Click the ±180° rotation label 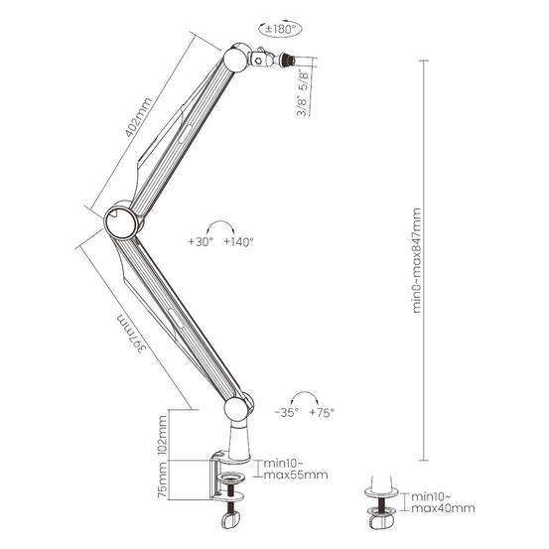coord(280,29)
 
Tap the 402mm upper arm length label coord(139,117)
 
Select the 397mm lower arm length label coord(131,334)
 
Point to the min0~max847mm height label coord(416,260)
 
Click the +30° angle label coord(201,241)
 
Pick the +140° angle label coord(238,241)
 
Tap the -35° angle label coord(287,412)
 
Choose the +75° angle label coord(322,412)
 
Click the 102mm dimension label coord(162,435)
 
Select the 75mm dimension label coord(162,480)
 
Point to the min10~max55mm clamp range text coord(296,470)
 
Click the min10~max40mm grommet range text coord(443,502)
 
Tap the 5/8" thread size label coord(303,80)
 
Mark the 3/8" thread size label coord(302,105)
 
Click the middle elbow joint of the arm coord(120,220)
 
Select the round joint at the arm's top coord(235,58)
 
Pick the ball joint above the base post coord(238,408)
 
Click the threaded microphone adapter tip coord(288,61)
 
